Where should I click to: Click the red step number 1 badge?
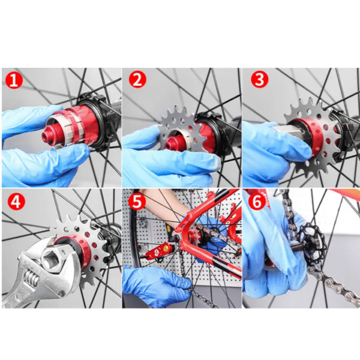click(x=14, y=80)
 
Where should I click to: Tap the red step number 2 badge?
click(x=137, y=79)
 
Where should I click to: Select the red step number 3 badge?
click(x=260, y=79)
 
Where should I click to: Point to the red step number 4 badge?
click(x=17, y=201)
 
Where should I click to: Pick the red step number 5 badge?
click(x=137, y=200)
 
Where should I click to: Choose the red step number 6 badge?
click(x=257, y=200)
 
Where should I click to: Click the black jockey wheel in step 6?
click(x=312, y=243)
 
